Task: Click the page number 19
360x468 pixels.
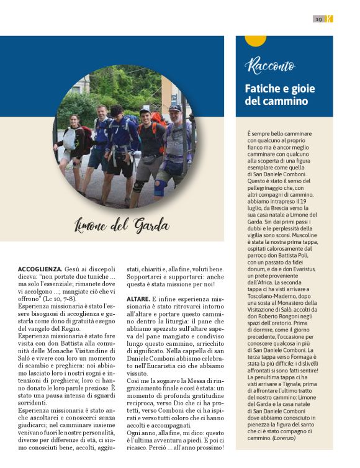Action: click(318, 19)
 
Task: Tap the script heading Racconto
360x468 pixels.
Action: click(270, 66)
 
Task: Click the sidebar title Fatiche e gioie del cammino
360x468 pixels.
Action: click(277, 94)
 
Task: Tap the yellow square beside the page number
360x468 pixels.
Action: click(330, 19)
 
